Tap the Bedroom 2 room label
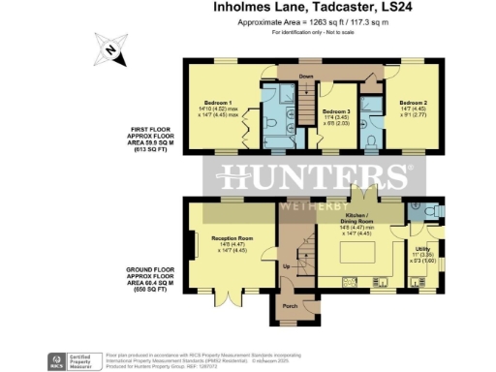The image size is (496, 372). click(x=413, y=101)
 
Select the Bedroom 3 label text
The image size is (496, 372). click(x=337, y=111)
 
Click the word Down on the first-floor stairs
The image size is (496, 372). click(x=306, y=76)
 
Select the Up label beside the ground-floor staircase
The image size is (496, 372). click(x=286, y=264)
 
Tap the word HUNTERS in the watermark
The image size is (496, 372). click(x=310, y=177)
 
